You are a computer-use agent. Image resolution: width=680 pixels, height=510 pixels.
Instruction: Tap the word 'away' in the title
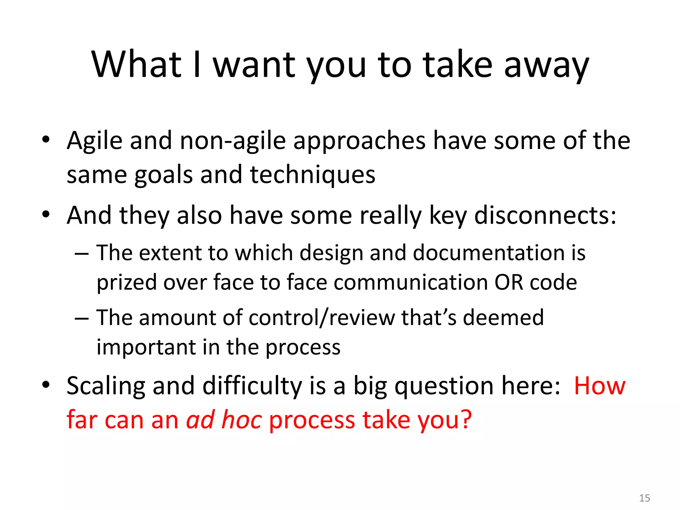(x=546, y=66)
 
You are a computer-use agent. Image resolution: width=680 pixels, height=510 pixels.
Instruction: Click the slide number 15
(x=644, y=498)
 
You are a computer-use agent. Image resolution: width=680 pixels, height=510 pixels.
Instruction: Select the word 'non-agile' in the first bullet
(x=233, y=141)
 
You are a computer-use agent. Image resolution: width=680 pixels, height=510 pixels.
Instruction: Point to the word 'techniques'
(x=312, y=175)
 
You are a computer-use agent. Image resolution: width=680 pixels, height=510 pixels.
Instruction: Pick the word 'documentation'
(x=489, y=253)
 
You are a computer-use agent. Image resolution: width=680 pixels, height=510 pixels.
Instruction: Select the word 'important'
(x=146, y=347)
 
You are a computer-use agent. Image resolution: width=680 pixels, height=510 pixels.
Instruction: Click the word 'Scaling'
(x=106, y=386)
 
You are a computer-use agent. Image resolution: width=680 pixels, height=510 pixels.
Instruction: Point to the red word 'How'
(x=600, y=386)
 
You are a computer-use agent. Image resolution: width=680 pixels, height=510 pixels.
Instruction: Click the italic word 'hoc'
(x=242, y=420)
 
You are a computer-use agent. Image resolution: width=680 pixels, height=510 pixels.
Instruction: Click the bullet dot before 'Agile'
(x=46, y=139)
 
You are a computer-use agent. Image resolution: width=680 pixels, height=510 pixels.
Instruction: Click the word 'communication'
(x=411, y=283)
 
